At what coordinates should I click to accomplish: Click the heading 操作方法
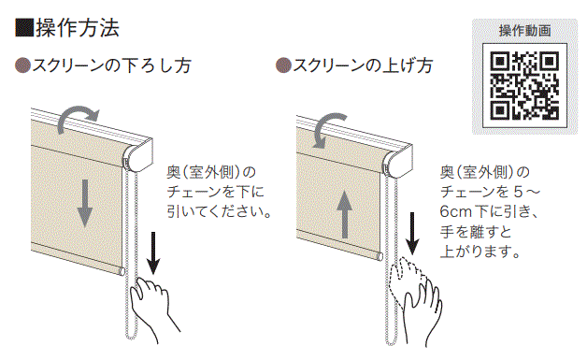pyautogui.click(x=78, y=28)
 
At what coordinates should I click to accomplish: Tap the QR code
pyautogui.click(x=524, y=85)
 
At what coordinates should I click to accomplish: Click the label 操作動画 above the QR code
pyautogui.click(x=524, y=31)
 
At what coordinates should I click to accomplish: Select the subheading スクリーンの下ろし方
pyautogui.click(x=111, y=65)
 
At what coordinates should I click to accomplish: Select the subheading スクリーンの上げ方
pyautogui.click(x=363, y=65)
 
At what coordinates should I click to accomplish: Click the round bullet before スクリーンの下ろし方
pyautogui.click(x=22, y=65)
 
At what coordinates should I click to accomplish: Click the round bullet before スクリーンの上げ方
pyautogui.click(x=283, y=65)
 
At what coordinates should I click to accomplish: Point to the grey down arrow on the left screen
pyautogui.click(x=85, y=203)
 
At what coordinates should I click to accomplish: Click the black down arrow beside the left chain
pyautogui.click(x=153, y=253)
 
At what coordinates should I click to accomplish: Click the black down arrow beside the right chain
pyautogui.click(x=412, y=234)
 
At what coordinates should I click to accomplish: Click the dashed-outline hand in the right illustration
pyautogui.click(x=407, y=277)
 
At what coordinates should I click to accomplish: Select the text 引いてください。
pyautogui.click(x=219, y=212)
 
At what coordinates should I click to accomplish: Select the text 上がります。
pyautogui.click(x=480, y=252)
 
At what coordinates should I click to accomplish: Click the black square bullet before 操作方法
pyautogui.click(x=24, y=28)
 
